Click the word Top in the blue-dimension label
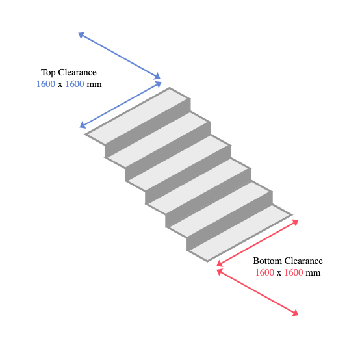48,73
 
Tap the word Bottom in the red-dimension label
268,261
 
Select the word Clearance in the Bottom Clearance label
303,261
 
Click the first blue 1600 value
46,84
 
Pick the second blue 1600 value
75,84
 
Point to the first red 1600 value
264,272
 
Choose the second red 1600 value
294,272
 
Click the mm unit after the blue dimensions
94,84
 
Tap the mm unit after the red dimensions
313,273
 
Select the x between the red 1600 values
279,273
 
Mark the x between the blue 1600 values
60,84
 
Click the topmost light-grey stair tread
138,116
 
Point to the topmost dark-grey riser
148,128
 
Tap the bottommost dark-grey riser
230,221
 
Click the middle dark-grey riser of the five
188,175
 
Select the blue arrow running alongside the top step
120,105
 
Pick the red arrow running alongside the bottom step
257,243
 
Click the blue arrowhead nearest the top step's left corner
83,125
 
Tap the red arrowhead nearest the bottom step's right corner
295,223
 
